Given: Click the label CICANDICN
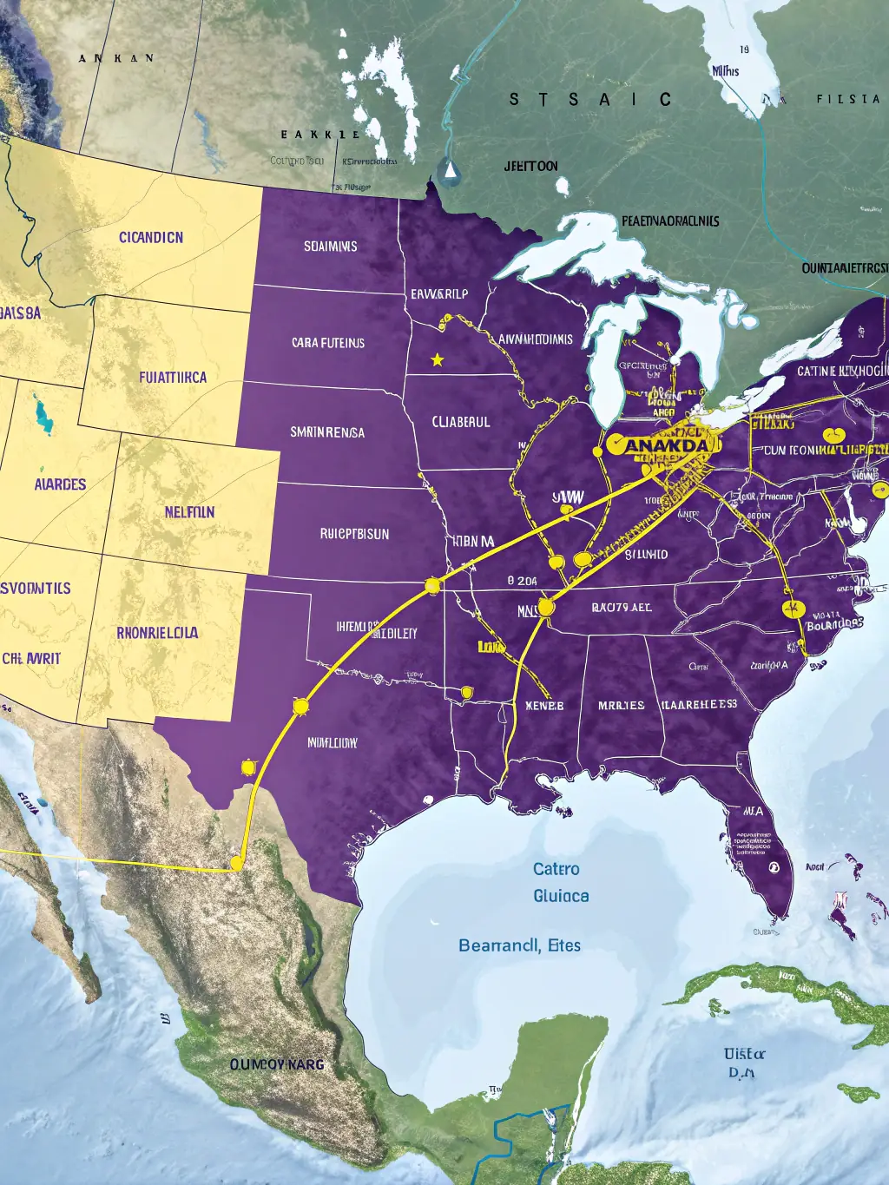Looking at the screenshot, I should pyautogui.click(x=151, y=237).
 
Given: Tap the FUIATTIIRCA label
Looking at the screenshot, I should pyautogui.click(x=173, y=378).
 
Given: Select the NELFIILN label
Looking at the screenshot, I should pyautogui.click(x=189, y=512).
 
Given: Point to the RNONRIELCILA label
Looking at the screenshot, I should pyautogui.click(x=157, y=633).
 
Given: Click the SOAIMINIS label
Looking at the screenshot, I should pyautogui.click(x=330, y=247).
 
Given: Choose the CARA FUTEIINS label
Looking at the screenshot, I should pyautogui.click(x=327, y=343).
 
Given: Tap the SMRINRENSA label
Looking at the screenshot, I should pyautogui.click(x=326, y=431).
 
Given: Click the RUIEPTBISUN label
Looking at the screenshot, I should pyautogui.click(x=354, y=534).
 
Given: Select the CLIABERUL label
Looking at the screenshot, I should pyautogui.click(x=461, y=422).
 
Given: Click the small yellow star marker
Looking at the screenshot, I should pyautogui.click(x=438, y=359).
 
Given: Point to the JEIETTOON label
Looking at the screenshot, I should pyautogui.click(x=530, y=166).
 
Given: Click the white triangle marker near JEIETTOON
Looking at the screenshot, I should pyautogui.click(x=449, y=171).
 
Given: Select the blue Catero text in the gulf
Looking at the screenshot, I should pyautogui.click(x=556, y=869).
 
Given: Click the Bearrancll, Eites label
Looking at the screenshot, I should pyautogui.click(x=519, y=945).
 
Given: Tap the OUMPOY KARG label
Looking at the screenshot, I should pyautogui.click(x=276, y=1063).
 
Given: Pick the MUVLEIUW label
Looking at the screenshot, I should pyautogui.click(x=332, y=743).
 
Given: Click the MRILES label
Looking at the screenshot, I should pyautogui.click(x=621, y=705).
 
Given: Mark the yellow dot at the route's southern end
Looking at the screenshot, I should pyautogui.click(x=236, y=863).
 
